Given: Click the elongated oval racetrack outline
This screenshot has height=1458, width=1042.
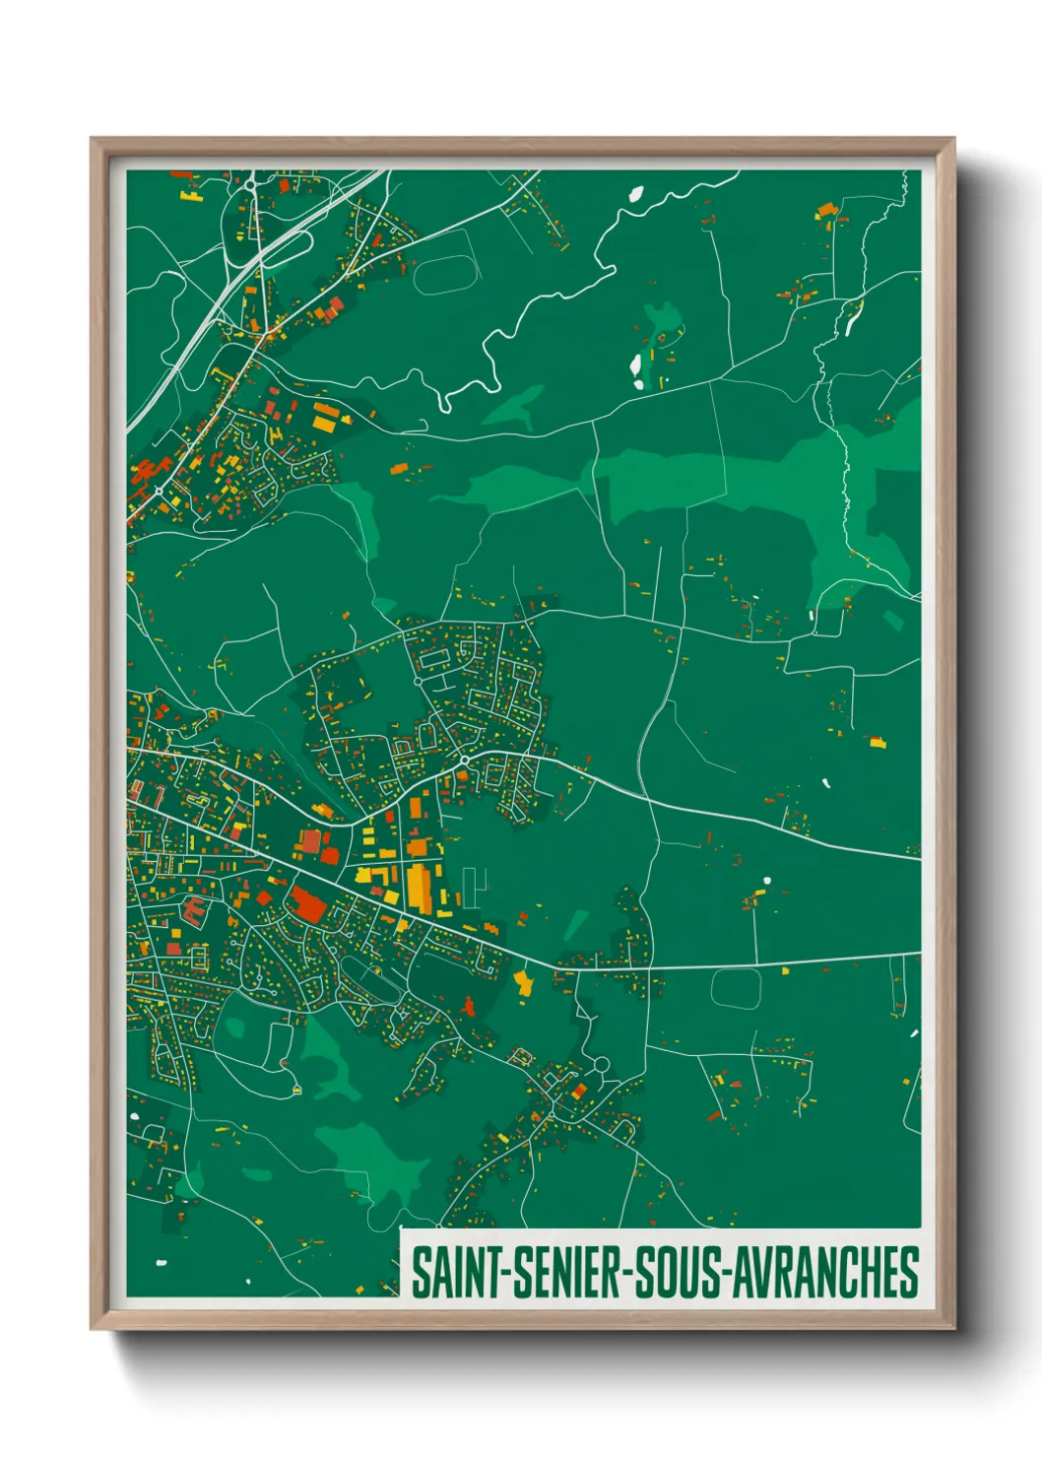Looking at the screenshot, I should click(444, 274).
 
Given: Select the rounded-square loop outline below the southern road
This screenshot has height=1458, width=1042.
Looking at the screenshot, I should click(736, 989).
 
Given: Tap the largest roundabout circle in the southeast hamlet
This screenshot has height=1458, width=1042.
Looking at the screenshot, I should click(600, 1065).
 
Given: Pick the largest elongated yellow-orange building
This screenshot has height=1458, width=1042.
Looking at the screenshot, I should click(418, 886).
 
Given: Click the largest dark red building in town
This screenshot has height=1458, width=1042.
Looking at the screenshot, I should click(309, 905).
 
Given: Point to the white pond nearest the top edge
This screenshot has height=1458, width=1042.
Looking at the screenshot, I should click(635, 194).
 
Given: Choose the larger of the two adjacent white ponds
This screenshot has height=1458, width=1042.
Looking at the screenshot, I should click(636, 368).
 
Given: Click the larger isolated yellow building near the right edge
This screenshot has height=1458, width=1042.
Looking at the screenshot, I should click(876, 741).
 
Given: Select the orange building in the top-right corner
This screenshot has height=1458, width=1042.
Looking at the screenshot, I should click(825, 209).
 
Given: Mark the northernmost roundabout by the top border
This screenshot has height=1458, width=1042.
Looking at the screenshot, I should click(250, 183).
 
